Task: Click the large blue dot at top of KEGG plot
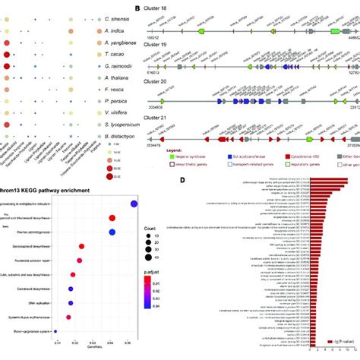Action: [x=134, y=204]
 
